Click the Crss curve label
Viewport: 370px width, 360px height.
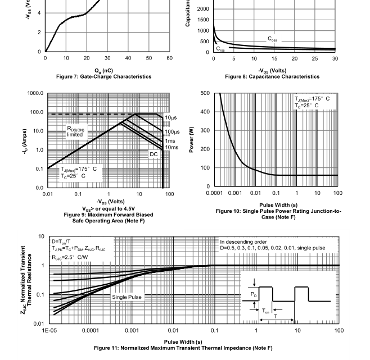click(222, 49)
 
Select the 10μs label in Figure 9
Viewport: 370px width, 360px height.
click(171, 117)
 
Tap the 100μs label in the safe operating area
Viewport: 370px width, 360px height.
click(172, 132)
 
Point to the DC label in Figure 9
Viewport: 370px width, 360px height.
click(154, 153)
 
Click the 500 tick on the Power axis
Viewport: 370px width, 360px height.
click(204, 93)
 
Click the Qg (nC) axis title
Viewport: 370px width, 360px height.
click(107, 70)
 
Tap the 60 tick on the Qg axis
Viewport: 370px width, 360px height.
click(169, 58)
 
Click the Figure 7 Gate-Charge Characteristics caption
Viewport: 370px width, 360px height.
click(107, 76)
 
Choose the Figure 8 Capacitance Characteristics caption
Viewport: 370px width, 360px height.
click(272, 76)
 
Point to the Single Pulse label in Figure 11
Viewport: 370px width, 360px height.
click(127, 297)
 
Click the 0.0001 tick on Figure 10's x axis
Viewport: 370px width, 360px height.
click(214, 193)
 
